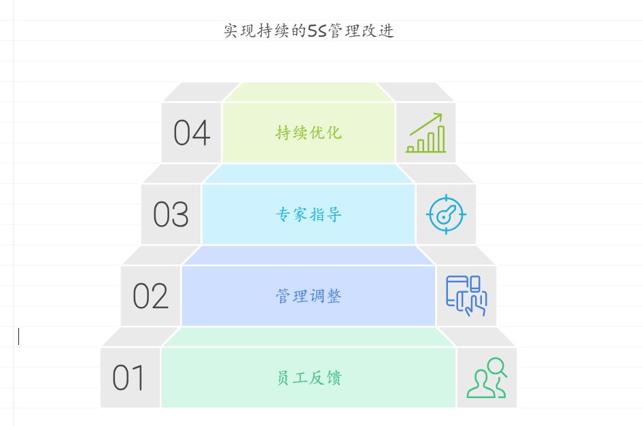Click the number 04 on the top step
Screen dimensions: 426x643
coord(192,133)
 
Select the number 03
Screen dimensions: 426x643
coord(171,215)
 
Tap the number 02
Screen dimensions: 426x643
coord(150,297)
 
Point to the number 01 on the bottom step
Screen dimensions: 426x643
coord(129,378)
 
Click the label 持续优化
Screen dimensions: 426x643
coord(309,133)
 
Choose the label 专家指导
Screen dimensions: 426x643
coord(309,215)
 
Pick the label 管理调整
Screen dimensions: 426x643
coord(309,297)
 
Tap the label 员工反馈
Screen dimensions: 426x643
coord(309,378)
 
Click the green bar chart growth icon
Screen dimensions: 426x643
coord(425,133)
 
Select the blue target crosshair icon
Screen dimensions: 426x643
coord(446,215)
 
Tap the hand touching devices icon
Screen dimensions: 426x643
coord(466,295)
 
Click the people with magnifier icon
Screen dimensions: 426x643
coord(487,378)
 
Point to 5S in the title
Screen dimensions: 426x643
coord(317,31)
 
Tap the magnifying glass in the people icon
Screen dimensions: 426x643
coord(497,367)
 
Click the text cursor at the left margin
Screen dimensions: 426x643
coord(19,336)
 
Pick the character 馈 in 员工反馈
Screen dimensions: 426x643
coord(334,378)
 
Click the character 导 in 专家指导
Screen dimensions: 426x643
coord(334,215)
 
